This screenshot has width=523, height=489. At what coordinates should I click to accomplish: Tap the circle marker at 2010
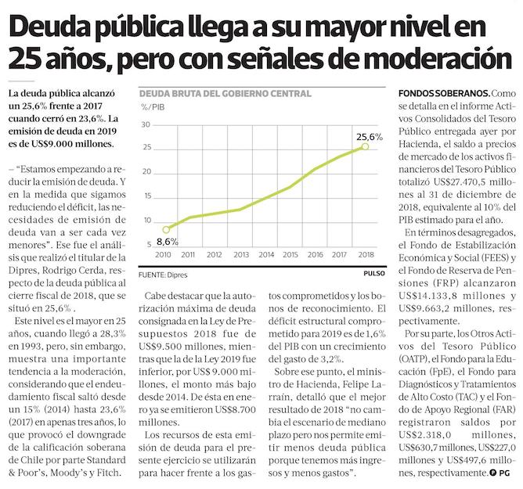point(166,228)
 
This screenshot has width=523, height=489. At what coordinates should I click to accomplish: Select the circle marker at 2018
point(366,146)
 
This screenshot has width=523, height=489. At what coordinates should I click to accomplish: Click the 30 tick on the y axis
point(146,125)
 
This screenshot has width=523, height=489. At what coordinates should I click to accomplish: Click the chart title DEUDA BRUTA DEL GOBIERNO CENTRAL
point(224,93)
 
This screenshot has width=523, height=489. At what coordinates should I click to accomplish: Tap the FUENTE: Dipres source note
point(163,275)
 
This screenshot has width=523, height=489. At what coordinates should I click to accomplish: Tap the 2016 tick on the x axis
point(314,255)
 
